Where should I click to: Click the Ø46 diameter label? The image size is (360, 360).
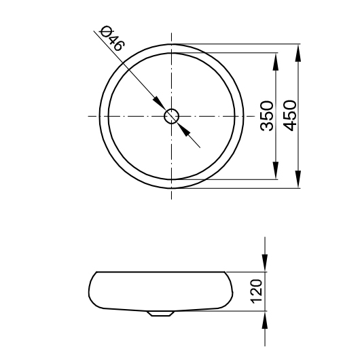(x=111, y=39)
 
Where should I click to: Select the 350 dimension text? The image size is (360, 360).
(x=266, y=115)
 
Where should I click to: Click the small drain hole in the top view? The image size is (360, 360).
(x=172, y=115)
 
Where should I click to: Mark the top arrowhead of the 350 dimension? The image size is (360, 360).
(x=276, y=61)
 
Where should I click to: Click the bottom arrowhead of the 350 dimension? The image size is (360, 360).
(x=276, y=171)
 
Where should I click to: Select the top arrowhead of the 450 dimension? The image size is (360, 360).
(x=299, y=53)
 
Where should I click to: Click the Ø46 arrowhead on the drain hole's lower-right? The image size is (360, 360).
(x=184, y=128)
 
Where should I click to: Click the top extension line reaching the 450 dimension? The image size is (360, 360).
(x=238, y=45)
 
